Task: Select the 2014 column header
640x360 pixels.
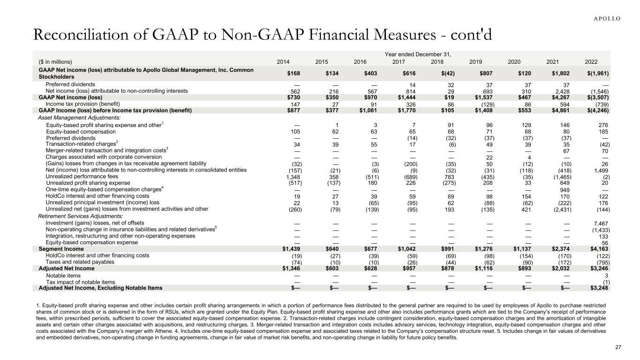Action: (283, 61)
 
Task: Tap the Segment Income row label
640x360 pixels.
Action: (61, 249)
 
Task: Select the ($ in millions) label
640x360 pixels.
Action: (55, 61)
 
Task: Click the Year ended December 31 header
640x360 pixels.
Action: (417, 54)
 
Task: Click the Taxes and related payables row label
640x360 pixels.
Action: (80, 262)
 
